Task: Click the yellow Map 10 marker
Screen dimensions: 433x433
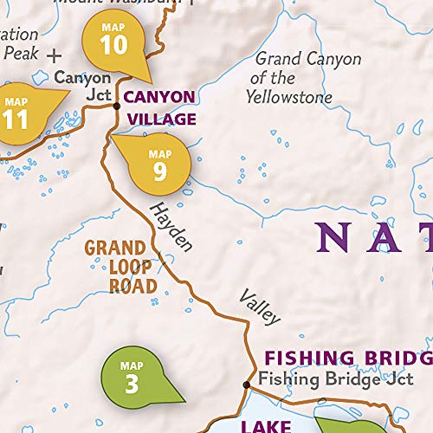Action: point(113,41)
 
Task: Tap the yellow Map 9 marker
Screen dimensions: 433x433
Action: point(160,165)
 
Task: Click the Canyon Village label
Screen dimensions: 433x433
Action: point(161,107)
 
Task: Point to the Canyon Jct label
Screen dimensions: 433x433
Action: point(82,86)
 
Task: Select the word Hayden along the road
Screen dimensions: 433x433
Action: point(170,226)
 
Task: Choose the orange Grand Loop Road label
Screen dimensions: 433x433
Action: point(120,266)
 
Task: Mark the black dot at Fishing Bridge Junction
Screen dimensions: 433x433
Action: point(246,384)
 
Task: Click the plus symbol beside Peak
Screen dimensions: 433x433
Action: point(55,55)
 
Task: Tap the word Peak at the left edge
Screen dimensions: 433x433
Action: point(20,53)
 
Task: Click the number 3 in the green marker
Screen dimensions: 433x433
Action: point(132,383)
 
